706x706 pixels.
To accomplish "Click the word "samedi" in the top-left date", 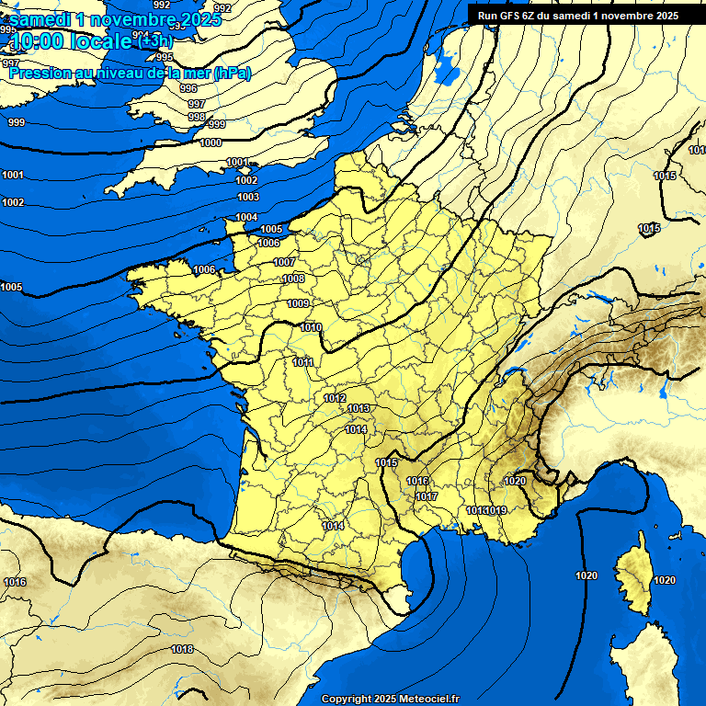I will [41, 19].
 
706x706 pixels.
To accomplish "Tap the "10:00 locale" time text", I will [70, 40].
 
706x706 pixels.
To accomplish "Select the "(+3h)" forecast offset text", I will [154, 40].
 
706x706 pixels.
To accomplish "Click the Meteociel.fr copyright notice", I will [390, 699].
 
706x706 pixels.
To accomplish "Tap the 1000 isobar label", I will [211, 142].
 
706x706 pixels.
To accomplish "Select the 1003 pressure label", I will [248, 197].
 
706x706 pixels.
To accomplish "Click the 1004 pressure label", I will [246, 217].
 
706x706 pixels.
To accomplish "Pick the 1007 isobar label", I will [285, 262].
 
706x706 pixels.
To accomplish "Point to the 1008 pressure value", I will [293, 279].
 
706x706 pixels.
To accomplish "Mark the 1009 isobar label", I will [298, 303].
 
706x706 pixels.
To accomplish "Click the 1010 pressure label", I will [311, 327].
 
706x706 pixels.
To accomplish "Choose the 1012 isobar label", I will [335, 398].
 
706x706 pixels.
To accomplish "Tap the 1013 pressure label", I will [359, 408].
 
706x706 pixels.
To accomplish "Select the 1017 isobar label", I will [427, 496].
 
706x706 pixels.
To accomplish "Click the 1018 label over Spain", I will [182, 649].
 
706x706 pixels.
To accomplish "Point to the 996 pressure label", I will [188, 88].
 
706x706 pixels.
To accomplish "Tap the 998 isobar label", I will [197, 117].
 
